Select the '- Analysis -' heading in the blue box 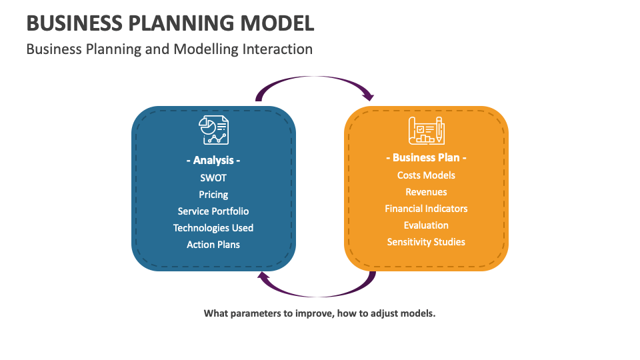click(213, 161)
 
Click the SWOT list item click(213, 178)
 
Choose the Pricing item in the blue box click(213, 195)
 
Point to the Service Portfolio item click(213, 211)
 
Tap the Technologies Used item click(213, 228)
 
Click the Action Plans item click(213, 245)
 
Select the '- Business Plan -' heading click(426, 158)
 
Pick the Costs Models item click(426, 175)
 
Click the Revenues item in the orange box click(426, 192)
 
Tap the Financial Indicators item click(426, 209)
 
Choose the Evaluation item click(426, 225)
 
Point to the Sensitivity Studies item click(426, 242)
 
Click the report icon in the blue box click(213, 131)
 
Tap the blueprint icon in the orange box click(426, 130)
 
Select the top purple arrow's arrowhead click(367, 95)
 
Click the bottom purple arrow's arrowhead click(264, 277)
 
